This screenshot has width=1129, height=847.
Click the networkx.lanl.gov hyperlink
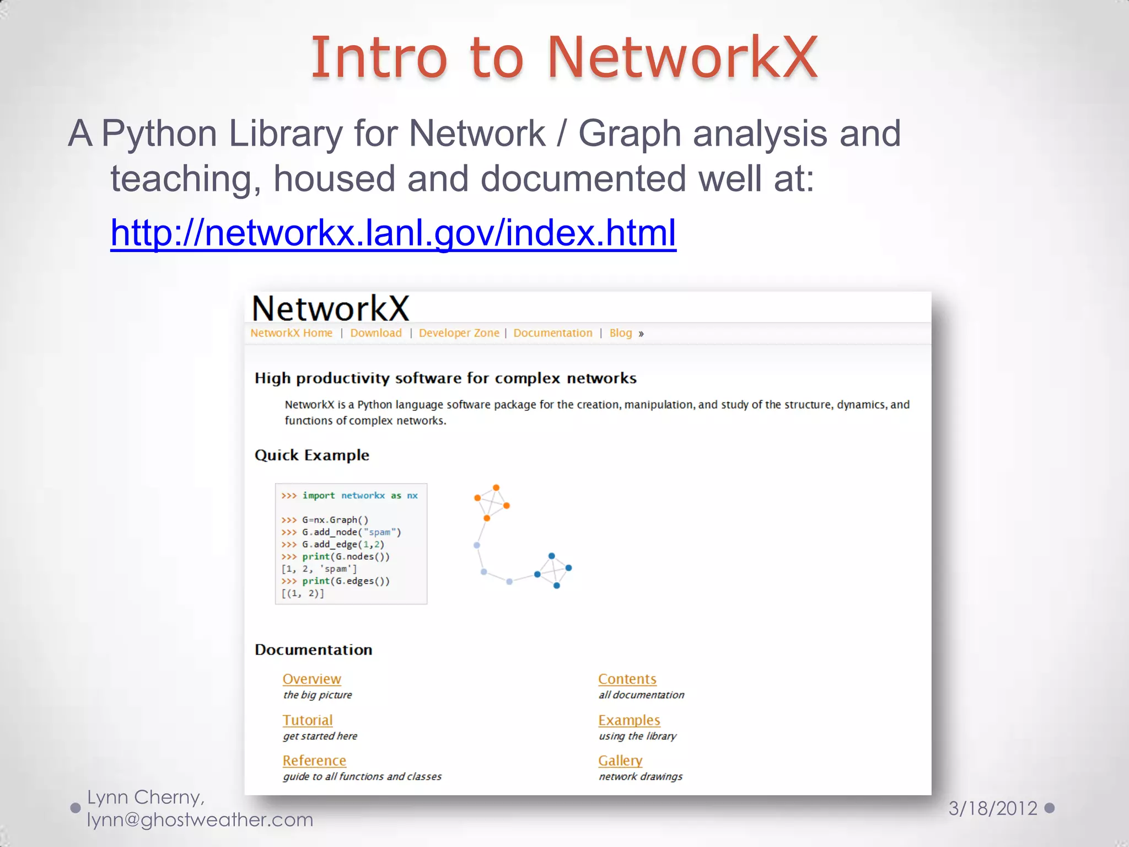click(393, 233)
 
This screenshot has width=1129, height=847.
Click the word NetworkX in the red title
click(682, 57)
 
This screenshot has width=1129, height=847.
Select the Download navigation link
click(376, 333)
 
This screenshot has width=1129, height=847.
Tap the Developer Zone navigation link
click(459, 333)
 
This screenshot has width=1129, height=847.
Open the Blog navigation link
click(620, 333)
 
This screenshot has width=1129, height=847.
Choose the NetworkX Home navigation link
click(291, 333)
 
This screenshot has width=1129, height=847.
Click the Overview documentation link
click(311, 679)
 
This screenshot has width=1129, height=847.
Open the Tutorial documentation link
click(307, 720)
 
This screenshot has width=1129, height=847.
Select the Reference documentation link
click(314, 760)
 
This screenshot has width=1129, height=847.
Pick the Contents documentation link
click(627, 679)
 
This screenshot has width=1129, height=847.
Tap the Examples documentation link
click(629, 720)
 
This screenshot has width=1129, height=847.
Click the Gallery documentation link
click(620, 760)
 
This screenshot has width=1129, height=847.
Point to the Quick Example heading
click(312, 455)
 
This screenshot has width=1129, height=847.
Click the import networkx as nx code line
click(350, 496)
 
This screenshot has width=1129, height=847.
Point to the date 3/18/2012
click(993, 808)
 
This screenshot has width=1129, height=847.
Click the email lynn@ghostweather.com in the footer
click(200, 820)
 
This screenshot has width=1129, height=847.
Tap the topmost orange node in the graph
click(496, 487)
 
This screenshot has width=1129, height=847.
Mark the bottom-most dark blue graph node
click(557, 586)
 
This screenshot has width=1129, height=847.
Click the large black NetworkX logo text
click(330, 308)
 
